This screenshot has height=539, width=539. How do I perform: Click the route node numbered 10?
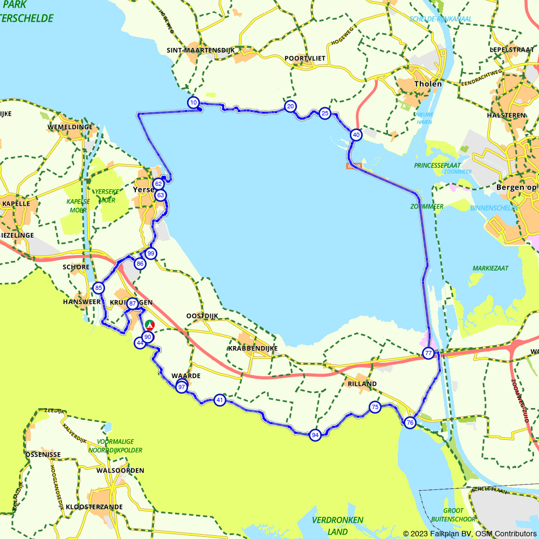[x=194, y=102]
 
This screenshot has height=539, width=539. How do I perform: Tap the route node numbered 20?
[x=291, y=106]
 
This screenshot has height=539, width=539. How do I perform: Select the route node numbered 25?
[x=324, y=113]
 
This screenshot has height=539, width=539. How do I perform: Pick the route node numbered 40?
[x=356, y=135]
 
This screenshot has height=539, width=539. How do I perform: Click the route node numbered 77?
[x=429, y=354]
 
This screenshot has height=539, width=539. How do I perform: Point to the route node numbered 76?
[x=410, y=423]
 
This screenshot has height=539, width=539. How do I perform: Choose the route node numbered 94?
[x=315, y=435]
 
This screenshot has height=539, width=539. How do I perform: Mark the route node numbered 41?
[x=219, y=400]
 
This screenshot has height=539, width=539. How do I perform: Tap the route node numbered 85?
[x=98, y=288]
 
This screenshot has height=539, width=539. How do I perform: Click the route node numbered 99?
[x=151, y=253]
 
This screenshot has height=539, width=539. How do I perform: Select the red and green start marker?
[x=150, y=325]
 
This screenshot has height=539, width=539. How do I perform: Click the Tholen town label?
[x=428, y=84]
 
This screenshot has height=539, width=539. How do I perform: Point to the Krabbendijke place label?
[x=253, y=349]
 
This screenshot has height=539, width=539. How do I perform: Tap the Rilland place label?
[x=362, y=384]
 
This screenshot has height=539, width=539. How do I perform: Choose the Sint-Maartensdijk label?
[x=201, y=50]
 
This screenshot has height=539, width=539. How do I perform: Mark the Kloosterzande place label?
[x=94, y=507]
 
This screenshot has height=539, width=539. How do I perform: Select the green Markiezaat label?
[x=490, y=268]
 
